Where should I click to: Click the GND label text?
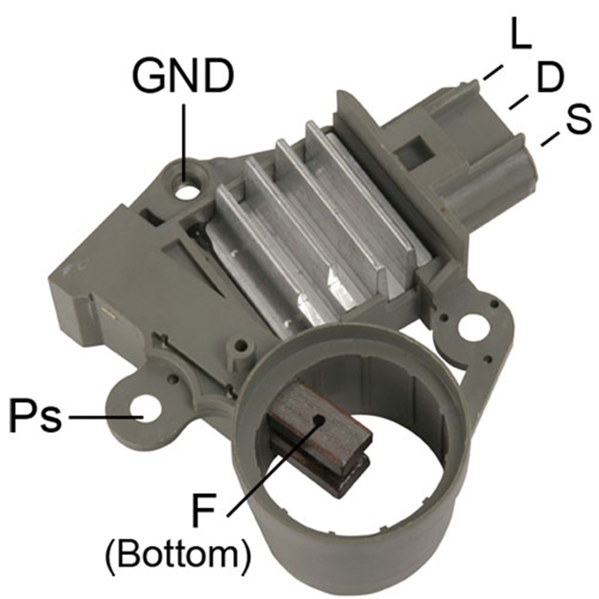(x=183, y=75)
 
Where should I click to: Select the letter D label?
(x=550, y=78)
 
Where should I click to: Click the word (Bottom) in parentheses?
(x=177, y=556)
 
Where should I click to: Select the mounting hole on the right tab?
(x=473, y=328)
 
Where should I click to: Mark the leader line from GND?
(x=184, y=135)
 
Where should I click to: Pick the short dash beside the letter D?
(x=518, y=102)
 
